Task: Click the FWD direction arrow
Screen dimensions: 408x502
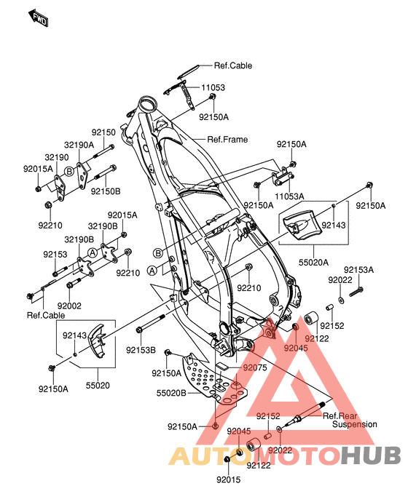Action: pyautogui.click(x=39, y=18)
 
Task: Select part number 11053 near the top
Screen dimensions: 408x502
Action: pyautogui.click(x=213, y=87)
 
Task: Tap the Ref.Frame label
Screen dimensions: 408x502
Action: pyautogui.click(x=227, y=139)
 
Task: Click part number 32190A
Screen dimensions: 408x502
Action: pyautogui.click(x=79, y=145)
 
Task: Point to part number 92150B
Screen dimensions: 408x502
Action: pyautogui.click(x=106, y=191)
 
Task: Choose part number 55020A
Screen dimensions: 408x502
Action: pyautogui.click(x=314, y=263)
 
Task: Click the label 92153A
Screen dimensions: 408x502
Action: pyautogui.click(x=359, y=270)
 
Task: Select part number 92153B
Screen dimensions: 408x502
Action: pyautogui.click(x=141, y=350)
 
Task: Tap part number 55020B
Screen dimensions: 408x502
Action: pyautogui.click(x=171, y=393)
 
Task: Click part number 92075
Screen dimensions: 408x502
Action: pyautogui.click(x=255, y=368)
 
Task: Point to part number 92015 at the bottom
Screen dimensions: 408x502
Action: pyautogui.click(x=229, y=479)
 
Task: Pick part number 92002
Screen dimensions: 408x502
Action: pyautogui.click(x=69, y=306)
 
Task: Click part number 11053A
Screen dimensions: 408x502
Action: pyautogui.click(x=289, y=196)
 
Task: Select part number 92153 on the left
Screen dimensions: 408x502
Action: pyautogui.click(x=55, y=255)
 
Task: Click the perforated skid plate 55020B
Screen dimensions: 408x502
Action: pyautogui.click(x=214, y=379)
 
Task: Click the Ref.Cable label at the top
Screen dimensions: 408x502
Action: pyautogui.click(x=233, y=65)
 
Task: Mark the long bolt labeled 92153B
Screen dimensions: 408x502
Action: pyautogui.click(x=151, y=323)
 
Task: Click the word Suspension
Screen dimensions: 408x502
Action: pyautogui.click(x=355, y=425)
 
